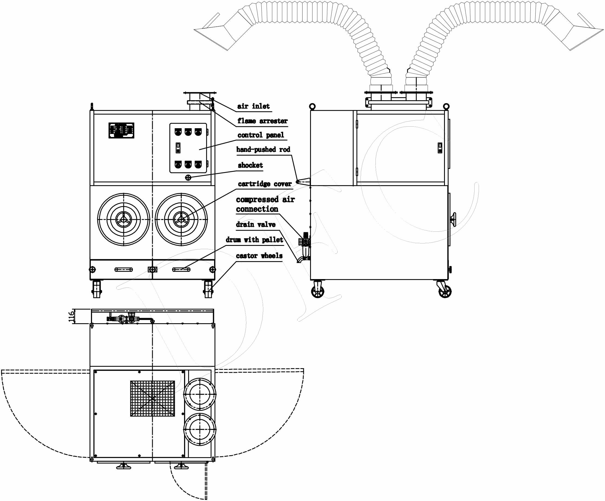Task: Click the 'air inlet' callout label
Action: pyautogui.click(x=253, y=106)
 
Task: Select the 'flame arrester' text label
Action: pyautogui.click(x=262, y=121)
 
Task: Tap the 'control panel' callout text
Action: pyautogui.click(x=261, y=135)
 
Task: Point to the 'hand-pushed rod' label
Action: pyautogui.click(x=263, y=149)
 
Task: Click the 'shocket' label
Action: pyautogui.click(x=250, y=165)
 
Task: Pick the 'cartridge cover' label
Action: pyautogui.click(x=265, y=184)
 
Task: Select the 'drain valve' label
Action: pyautogui.click(x=256, y=224)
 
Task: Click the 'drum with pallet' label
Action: pyautogui.click(x=254, y=240)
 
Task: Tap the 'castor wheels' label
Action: pyautogui.click(x=259, y=256)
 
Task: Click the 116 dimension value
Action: pyautogui.click(x=71, y=316)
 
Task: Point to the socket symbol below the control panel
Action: pyautogui.click(x=188, y=178)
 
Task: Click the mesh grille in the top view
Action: pyautogui.click(x=152, y=399)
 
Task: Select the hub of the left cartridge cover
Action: pyautogui.click(x=124, y=219)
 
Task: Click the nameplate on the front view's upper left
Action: pyautogui.click(x=121, y=130)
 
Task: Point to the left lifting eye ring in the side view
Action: pyautogui.click(x=312, y=106)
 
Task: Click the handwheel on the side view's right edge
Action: pyautogui.click(x=453, y=220)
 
